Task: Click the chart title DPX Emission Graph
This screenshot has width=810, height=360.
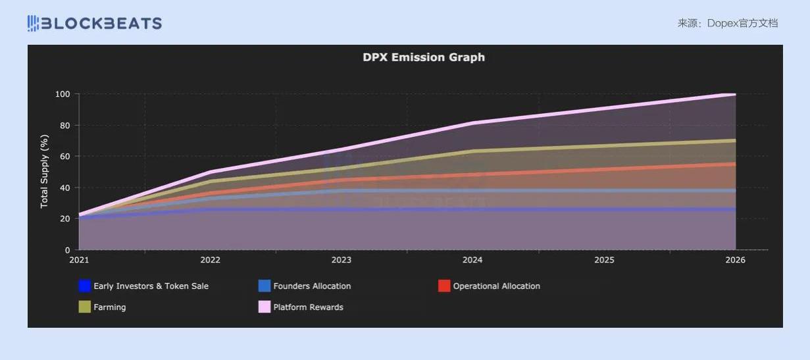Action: coord(424,57)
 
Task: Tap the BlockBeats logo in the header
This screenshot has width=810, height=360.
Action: coord(95,24)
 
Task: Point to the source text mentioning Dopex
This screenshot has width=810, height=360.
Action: coord(728,23)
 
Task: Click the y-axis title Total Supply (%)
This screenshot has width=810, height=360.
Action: coord(44,171)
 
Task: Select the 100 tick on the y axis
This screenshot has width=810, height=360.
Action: coord(63,94)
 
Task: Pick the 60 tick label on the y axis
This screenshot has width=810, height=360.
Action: coord(64,157)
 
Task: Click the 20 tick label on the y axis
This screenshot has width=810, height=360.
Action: coord(64,219)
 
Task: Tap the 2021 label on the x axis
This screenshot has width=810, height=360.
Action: coord(79,260)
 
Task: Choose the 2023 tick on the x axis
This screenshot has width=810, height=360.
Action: coord(342,260)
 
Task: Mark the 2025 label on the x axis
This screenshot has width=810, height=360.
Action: coord(604,260)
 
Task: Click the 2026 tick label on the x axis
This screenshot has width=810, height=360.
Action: coord(735,260)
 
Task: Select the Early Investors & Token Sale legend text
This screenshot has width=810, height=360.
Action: coord(151,286)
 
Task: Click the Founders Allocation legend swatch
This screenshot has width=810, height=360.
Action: coord(265,286)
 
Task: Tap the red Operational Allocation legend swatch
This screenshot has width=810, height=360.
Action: coord(444,286)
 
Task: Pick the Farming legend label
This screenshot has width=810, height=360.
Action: coord(109,307)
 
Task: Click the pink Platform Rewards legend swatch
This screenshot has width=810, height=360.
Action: coord(265,307)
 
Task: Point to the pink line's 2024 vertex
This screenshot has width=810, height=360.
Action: coord(472,123)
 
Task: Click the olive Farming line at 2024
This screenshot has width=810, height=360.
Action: coord(472,151)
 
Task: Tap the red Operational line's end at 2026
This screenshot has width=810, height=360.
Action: coord(734,165)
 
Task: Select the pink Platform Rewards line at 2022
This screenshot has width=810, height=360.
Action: coord(210,172)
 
